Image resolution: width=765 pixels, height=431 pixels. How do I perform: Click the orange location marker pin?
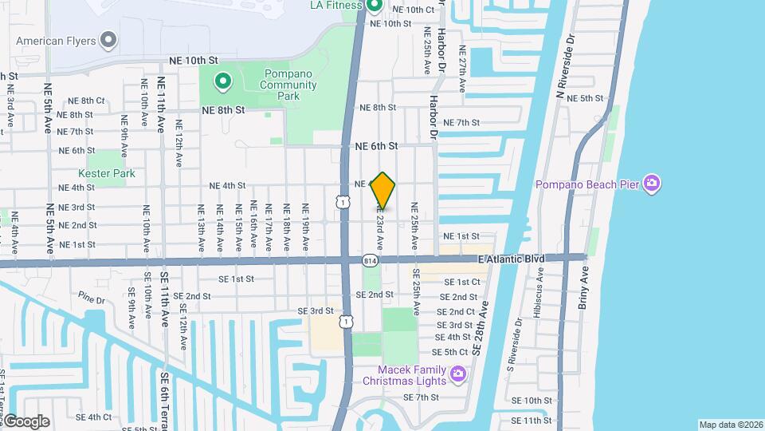pyautogui.click(x=383, y=192)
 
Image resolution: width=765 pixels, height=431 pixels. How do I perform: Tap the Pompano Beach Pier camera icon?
pyautogui.click(x=652, y=184)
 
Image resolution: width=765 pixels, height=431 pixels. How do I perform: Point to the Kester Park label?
pyautogui.click(x=107, y=173)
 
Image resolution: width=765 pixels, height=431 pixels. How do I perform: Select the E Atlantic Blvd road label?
pyautogui.click(x=511, y=259)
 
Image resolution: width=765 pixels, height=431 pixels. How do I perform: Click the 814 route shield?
pyautogui.click(x=370, y=260)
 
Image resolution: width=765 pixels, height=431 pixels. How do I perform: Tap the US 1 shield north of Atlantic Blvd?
pyautogui.click(x=342, y=203)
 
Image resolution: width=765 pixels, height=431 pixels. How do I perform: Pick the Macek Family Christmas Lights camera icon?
pyautogui.click(x=458, y=373)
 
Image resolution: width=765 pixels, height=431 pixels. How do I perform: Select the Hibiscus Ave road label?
pyautogui.click(x=541, y=291)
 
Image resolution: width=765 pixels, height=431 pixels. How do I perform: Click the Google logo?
pyautogui.click(x=26, y=421)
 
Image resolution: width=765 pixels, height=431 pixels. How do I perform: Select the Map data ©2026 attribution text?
pyautogui.click(x=730, y=425)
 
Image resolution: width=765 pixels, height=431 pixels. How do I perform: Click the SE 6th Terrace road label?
pyautogui.click(x=167, y=399)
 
